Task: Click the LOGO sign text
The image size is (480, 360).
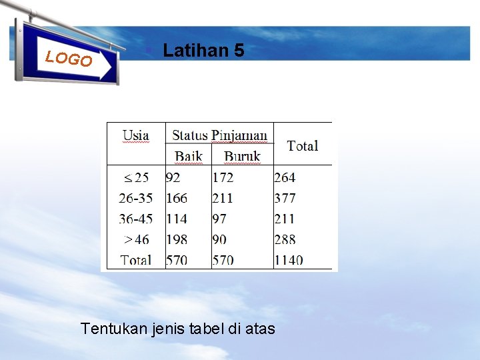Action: (69, 59)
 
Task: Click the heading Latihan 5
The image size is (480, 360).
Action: (203, 51)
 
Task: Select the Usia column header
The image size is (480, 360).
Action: (135, 135)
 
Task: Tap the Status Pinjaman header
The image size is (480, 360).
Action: (220, 135)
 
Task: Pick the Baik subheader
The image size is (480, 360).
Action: (189, 157)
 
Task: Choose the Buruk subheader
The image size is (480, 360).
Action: (242, 157)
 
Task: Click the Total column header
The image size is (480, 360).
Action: (303, 145)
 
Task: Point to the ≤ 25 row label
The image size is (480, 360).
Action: (137, 178)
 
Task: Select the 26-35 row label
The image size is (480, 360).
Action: (135, 198)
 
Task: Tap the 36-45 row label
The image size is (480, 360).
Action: (135, 219)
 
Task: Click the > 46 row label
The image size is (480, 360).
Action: (137, 239)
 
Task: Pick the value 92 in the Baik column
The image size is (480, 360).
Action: (173, 178)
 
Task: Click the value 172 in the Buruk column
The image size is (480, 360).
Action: (223, 178)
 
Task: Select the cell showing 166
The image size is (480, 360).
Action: (177, 198)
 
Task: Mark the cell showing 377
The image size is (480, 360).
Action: (285, 198)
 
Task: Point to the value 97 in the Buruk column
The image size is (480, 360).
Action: (220, 219)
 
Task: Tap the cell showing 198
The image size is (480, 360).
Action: (177, 239)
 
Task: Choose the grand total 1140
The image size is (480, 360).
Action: (288, 260)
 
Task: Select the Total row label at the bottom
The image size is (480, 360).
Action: (136, 260)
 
